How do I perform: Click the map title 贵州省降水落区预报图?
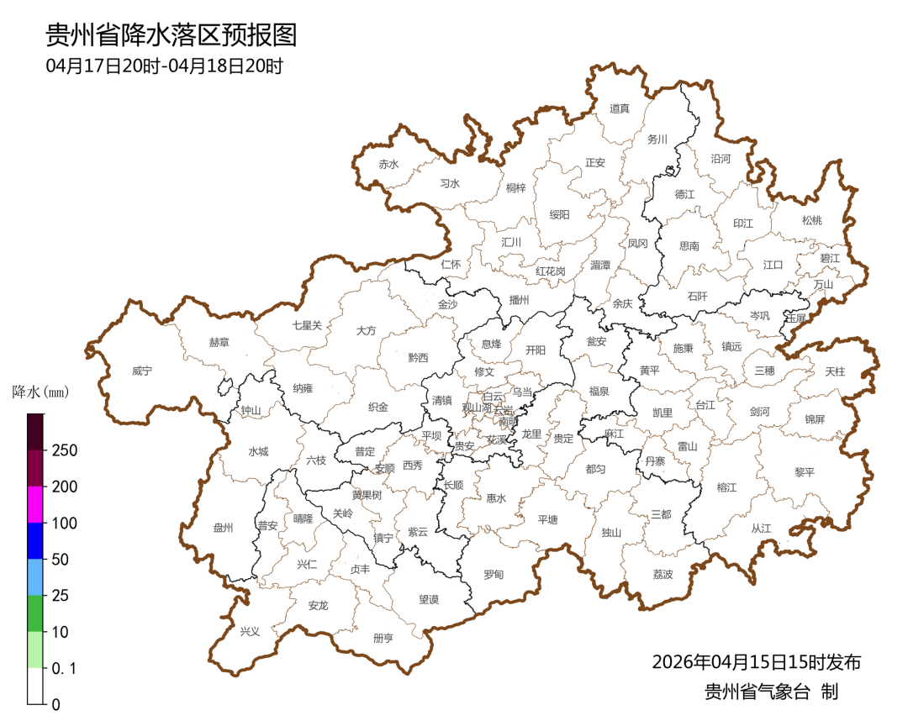pos(171,35)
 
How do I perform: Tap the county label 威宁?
pos(142,371)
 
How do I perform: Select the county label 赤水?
pos(388,165)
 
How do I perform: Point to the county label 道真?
pos(620,108)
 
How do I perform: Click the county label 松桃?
pos(811,221)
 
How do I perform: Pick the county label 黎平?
pos(805,472)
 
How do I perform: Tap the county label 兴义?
pos(250,631)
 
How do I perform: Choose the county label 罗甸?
pos(493,575)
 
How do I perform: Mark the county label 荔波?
pos(663,575)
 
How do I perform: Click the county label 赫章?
pos(219,343)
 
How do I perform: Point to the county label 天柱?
pos(835,371)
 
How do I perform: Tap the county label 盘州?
pos(223,528)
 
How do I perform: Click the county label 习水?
pos(450,183)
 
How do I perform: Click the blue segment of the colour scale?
pos(35,540)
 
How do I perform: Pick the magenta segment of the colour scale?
pos(35,504)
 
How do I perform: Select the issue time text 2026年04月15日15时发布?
pos(756,662)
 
